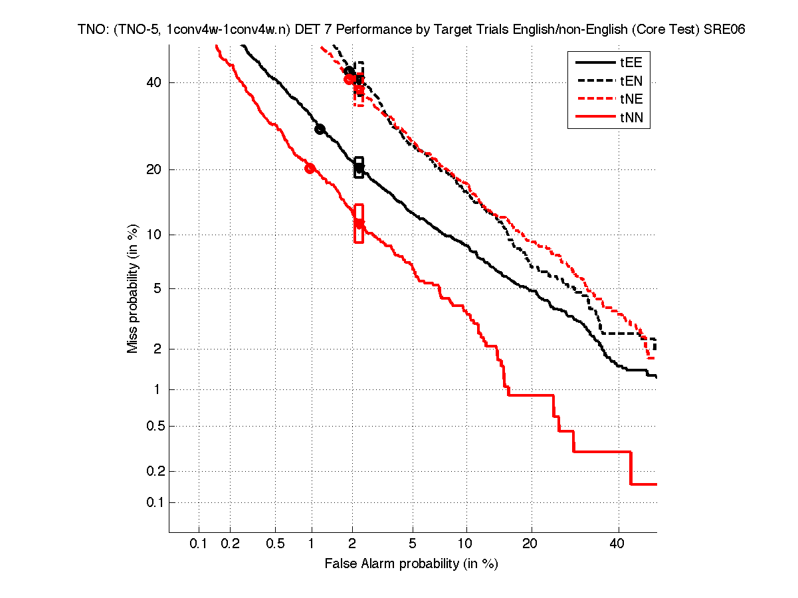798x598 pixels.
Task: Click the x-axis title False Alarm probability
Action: pos(411,564)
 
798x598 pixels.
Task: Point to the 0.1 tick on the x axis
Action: pos(199,544)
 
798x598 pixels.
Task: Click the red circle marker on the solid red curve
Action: pos(310,168)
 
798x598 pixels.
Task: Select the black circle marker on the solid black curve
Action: pos(320,129)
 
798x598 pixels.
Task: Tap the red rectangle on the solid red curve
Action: pos(359,223)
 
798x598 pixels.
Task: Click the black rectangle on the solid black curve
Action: pos(359,167)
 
